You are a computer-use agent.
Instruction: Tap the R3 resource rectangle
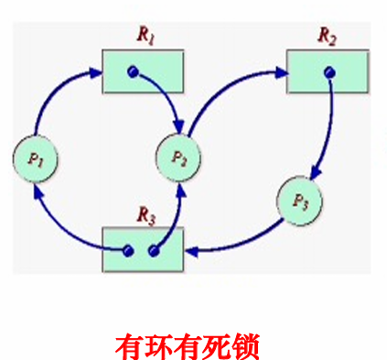pos(144,249)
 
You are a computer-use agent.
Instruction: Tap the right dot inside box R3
pos(153,249)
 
